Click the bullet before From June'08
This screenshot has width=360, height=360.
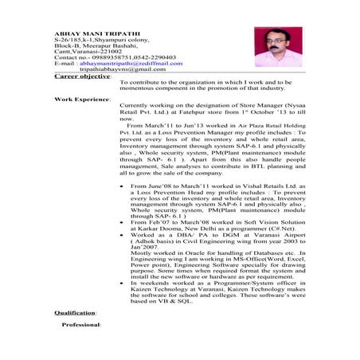(x=121, y=182)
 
